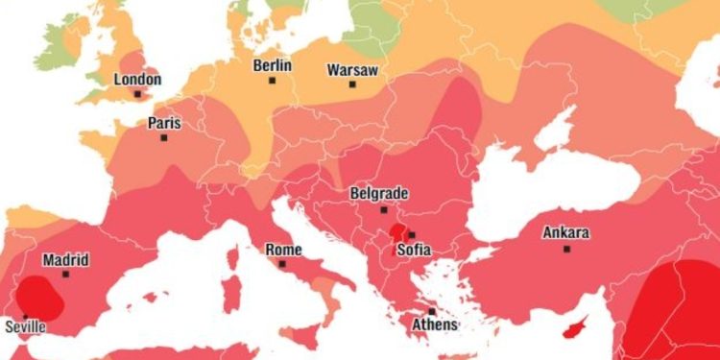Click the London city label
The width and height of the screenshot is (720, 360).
(x=137, y=80)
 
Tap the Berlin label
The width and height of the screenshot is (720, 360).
(x=273, y=66)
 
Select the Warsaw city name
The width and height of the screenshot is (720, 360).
(x=352, y=70)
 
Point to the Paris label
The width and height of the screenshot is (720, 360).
(x=164, y=123)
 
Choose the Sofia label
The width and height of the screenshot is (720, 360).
(x=414, y=250)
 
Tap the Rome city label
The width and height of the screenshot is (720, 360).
(x=283, y=250)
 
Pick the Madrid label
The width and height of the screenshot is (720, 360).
(x=65, y=260)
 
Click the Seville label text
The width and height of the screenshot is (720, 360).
(x=25, y=326)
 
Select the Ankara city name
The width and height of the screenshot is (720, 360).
(x=566, y=233)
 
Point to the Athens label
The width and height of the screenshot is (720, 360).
(x=435, y=324)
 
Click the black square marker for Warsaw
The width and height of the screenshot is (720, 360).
(x=352, y=84)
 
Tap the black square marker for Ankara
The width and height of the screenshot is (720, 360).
(x=566, y=249)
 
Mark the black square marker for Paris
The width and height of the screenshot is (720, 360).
(x=164, y=137)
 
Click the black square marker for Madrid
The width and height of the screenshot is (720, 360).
(x=65, y=275)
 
